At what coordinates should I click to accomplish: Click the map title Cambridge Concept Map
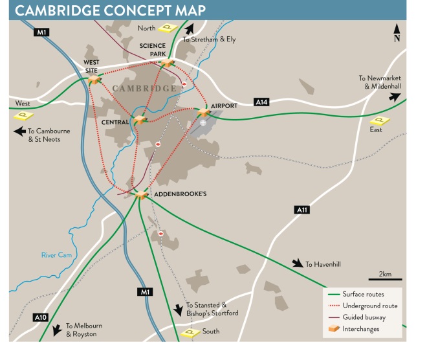point(111,10)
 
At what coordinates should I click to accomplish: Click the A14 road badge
point(261,102)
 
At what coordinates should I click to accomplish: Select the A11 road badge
point(301,209)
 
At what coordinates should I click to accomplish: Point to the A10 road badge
point(40,317)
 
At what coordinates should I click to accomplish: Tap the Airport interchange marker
point(203,113)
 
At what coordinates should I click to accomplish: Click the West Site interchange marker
point(94,79)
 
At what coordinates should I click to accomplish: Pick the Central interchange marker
point(138,119)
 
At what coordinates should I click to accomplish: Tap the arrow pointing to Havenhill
point(297,263)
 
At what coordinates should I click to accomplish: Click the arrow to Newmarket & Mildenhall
point(393,97)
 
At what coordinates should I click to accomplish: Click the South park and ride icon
point(190,332)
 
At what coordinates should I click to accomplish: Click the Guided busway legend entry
point(364,317)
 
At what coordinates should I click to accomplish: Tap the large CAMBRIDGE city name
point(144,88)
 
